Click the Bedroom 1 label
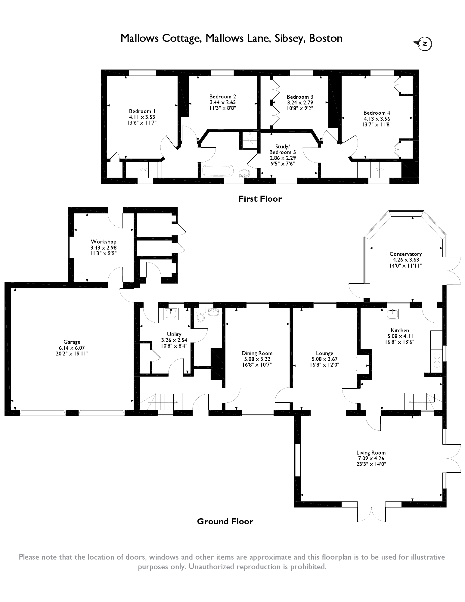140,111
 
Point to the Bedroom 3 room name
300,97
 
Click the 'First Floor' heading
260,199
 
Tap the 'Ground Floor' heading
225,521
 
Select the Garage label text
72,342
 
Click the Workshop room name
104,241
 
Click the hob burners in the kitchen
437,360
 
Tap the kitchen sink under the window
393,314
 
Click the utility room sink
171,314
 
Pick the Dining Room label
257,353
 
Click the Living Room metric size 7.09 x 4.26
371,458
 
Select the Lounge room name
324,353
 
